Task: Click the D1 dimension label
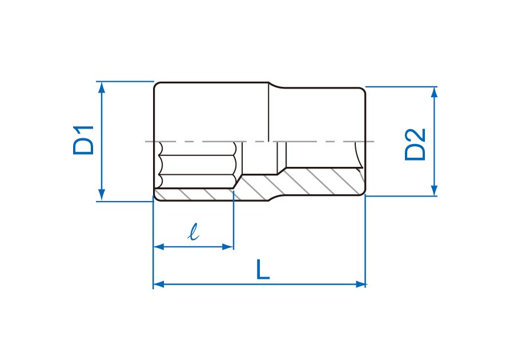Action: point(83,140)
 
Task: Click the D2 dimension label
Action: point(415,144)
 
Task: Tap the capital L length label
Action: point(263,269)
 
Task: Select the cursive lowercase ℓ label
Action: point(194,231)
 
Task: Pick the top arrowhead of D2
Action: point(435,93)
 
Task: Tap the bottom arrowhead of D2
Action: point(435,190)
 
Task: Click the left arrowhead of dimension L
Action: point(159,284)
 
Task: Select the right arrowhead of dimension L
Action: point(360,284)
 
